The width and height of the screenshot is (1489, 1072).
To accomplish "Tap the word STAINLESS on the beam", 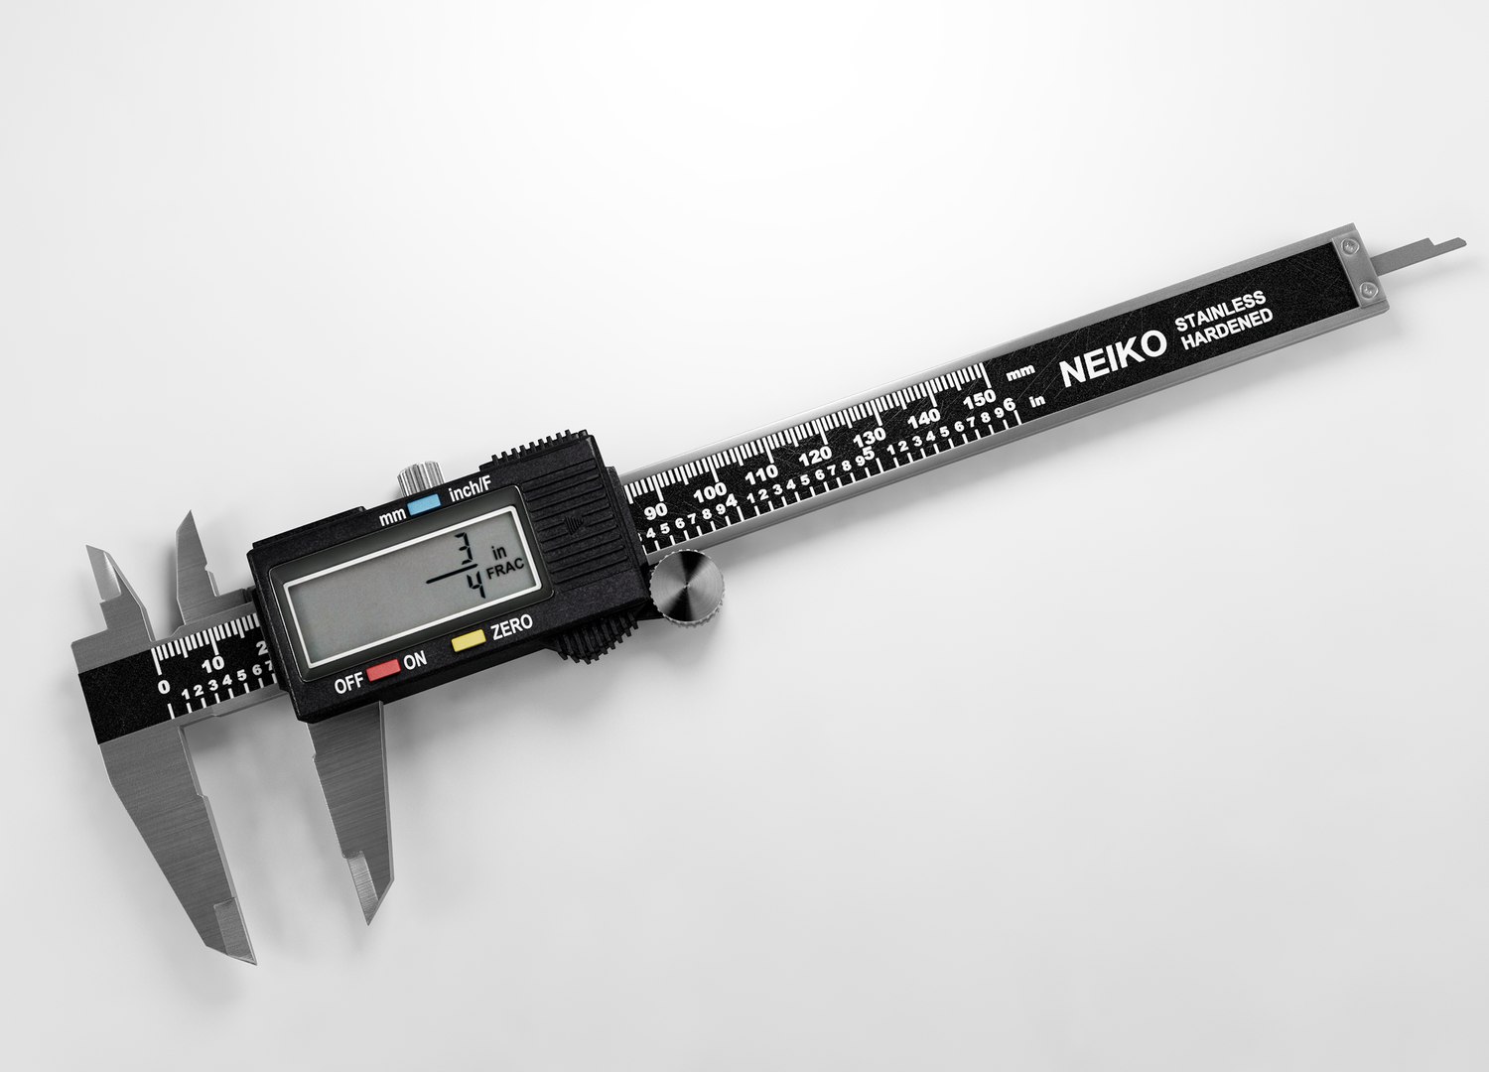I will click(x=1219, y=310).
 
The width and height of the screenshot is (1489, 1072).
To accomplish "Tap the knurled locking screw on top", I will click(x=414, y=480).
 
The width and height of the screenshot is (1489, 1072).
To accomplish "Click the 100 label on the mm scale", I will click(x=709, y=493).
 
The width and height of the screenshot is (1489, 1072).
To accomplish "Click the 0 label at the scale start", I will click(x=163, y=686).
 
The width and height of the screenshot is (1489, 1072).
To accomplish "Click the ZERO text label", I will click(x=511, y=626).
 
